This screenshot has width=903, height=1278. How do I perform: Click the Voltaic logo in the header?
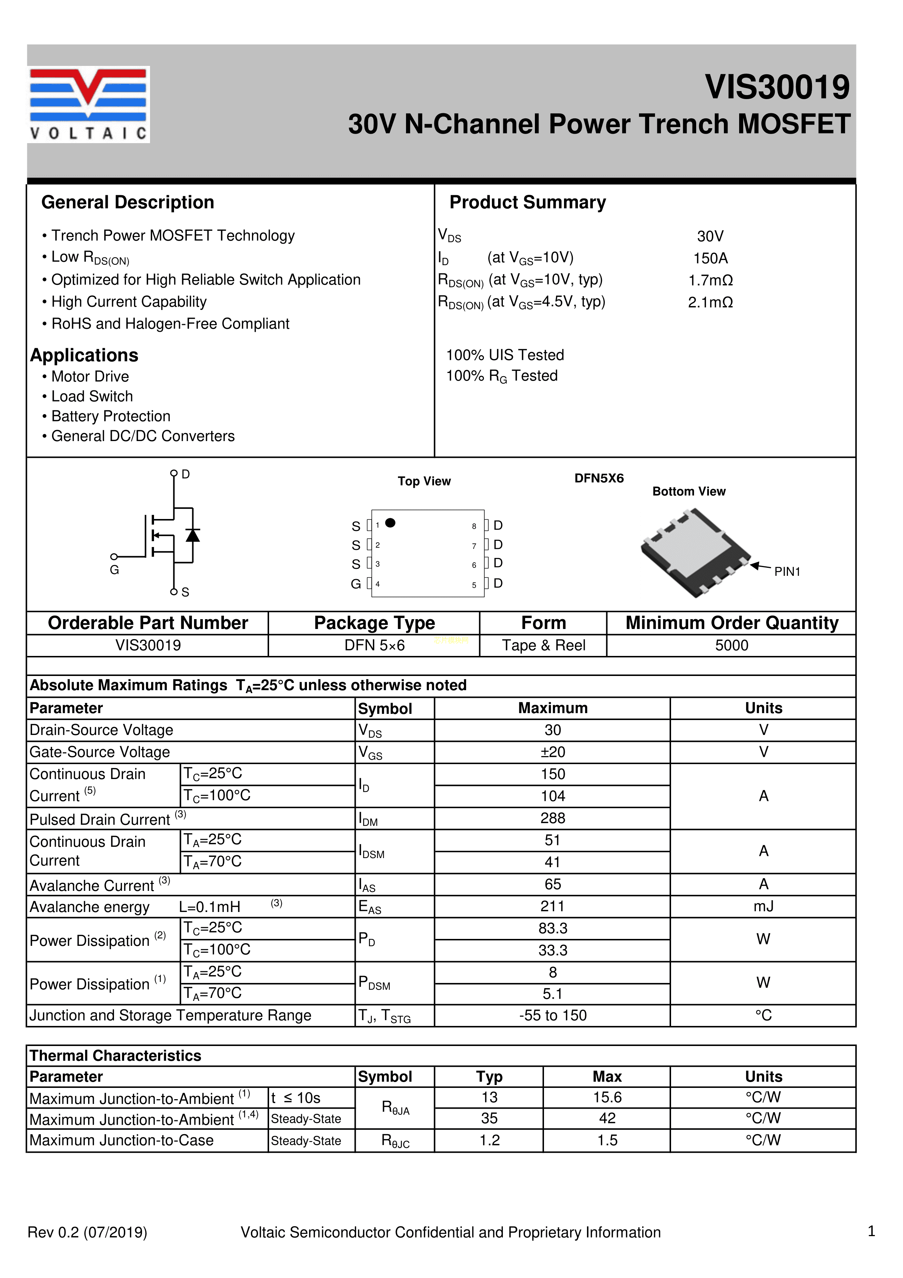(x=88, y=104)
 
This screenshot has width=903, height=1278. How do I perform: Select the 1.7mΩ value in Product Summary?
(x=710, y=280)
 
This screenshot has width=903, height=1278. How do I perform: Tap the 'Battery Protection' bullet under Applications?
(x=110, y=416)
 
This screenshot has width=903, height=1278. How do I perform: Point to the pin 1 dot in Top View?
(x=391, y=523)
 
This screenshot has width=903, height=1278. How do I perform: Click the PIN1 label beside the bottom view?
(x=787, y=572)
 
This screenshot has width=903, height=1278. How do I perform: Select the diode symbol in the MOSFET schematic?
(x=193, y=535)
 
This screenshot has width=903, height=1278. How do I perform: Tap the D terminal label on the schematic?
(x=186, y=474)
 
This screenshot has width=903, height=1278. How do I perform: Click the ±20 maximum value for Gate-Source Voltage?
(x=552, y=752)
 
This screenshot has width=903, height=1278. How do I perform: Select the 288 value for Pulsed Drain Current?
(x=552, y=818)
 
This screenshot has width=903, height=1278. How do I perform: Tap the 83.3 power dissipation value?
(x=552, y=928)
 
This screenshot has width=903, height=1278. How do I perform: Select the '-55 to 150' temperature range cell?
(x=552, y=1015)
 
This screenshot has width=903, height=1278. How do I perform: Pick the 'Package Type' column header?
(x=374, y=623)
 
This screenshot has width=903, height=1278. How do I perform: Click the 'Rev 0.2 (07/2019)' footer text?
(x=87, y=1232)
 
